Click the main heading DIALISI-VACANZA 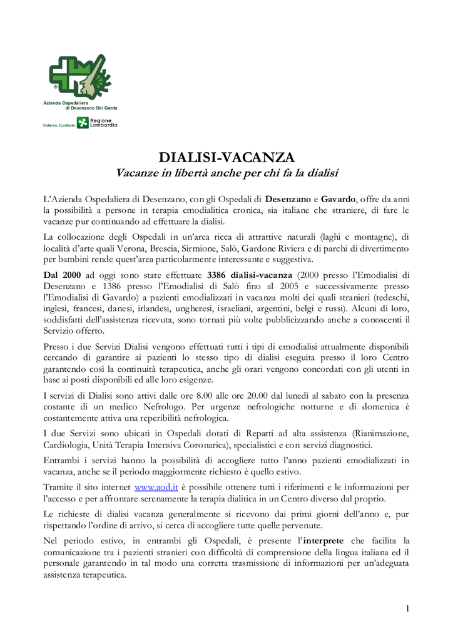click(227, 156)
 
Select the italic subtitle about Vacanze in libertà click(227, 172)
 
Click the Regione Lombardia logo click(97, 123)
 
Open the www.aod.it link click(156, 486)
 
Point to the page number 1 click(407, 608)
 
